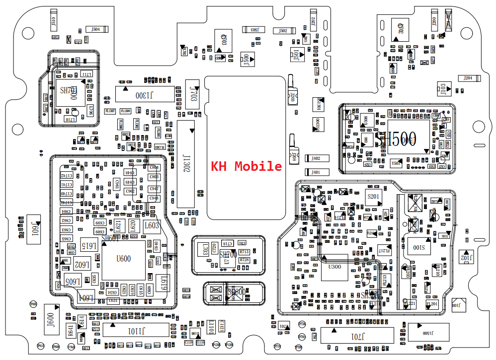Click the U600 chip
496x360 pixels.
[x=123, y=259]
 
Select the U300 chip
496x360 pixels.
[x=335, y=267]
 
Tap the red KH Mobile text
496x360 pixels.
[x=247, y=166]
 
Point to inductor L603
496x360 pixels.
[x=151, y=225]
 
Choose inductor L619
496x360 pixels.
[x=163, y=283]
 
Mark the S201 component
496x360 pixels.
[x=373, y=197]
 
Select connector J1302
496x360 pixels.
[x=186, y=163]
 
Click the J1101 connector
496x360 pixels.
[x=136, y=331]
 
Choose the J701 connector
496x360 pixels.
[x=357, y=336]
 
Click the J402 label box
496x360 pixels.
[x=316, y=158]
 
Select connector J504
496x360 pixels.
[x=95, y=29]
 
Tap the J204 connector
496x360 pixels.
[x=469, y=78]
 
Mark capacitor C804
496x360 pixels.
[x=154, y=167]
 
